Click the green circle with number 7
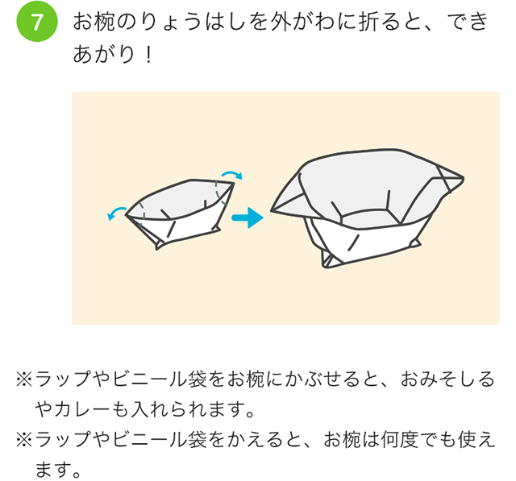click(x=37, y=22)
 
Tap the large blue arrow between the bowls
click(x=248, y=218)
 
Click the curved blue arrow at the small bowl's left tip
click(x=116, y=212)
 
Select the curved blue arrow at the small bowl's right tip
click(x=232, y=173)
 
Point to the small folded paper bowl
click(x=179, y=213)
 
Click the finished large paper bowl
click(x=367, y=208)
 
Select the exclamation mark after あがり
click(x=148, y=55)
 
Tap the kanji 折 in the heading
click(x=368, y=22)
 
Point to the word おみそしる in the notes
click(x=447, y=379)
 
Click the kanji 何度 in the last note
click(x=400, y=440)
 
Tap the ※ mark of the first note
click(x=25, y=379)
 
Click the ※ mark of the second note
click(x=25, y=440)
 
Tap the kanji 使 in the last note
click(x=468, y=440)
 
